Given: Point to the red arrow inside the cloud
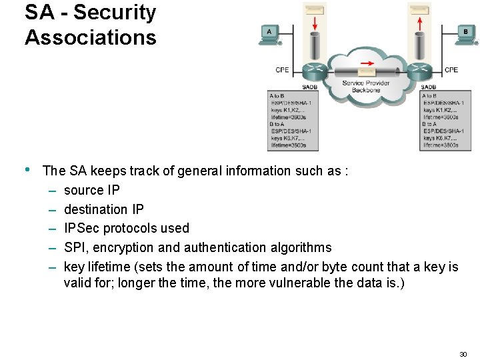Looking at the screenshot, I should coord(365,66).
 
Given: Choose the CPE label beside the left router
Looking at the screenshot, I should coord(283,70).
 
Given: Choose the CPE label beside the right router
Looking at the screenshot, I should coord(451,70).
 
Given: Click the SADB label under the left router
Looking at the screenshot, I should coord(310,87).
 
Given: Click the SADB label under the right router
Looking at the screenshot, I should coord(429,87).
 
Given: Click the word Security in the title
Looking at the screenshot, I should coord(115,12).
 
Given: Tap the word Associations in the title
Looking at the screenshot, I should coord(91,37).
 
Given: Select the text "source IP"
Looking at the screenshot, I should coord(92,190).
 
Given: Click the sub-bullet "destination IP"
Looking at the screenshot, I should coord(103,209).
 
